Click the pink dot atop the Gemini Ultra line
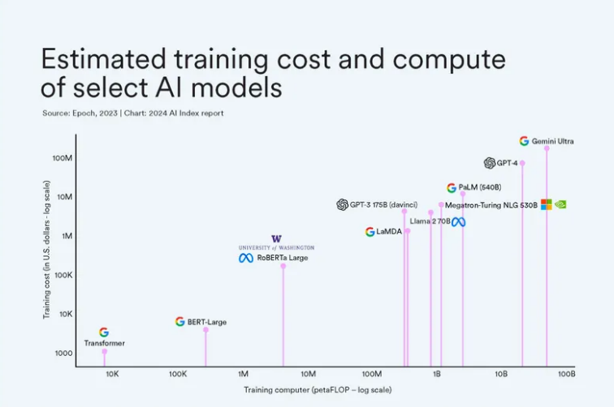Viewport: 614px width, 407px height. [547, 148]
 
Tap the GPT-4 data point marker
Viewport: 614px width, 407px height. [522, 163]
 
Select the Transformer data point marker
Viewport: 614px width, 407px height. [104, 351]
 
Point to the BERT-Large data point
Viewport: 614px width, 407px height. [205, 329]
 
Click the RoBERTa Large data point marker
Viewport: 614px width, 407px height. [283, 266]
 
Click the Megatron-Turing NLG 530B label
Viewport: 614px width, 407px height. [491, 205]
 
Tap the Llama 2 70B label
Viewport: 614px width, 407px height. [430, 221]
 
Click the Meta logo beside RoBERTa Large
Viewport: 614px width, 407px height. [246, 258]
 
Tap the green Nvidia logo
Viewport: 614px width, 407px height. [560, 204]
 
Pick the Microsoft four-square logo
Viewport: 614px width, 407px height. [546, 204]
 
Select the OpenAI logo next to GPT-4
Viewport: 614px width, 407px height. [489, 163]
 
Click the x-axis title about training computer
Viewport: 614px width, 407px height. [318, 390]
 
